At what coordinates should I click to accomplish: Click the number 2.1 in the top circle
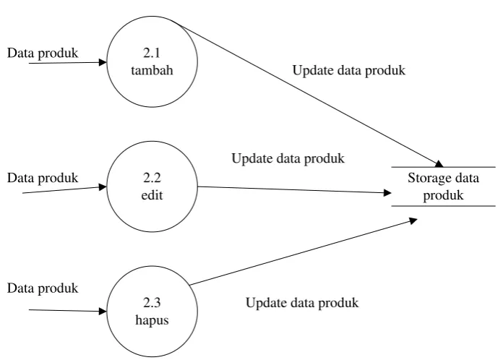[x=152, y=53]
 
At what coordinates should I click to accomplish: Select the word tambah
[x=152, y=70]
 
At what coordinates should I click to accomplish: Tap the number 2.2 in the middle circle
[x=152, y=178]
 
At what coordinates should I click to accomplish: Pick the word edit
[x=152, y=195]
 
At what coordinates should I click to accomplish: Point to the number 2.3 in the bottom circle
[x=152, y=302]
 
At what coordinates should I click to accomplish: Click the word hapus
[x=152, y=320]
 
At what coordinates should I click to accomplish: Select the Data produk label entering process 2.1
[x=43, y=53]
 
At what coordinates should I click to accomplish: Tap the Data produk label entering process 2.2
[x=43, y=179]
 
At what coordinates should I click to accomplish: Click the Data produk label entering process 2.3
[x=43, y=289]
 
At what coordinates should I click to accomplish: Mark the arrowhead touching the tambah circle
[x=103, y=62]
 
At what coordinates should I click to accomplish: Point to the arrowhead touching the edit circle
[x=103, y=187]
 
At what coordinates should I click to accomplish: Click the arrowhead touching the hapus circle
[x=103, y=312]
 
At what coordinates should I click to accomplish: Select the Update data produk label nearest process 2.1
[x=348, y=71]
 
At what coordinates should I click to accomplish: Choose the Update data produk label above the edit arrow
[x=288, y=159]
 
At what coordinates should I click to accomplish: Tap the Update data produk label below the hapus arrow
[x=302, y=303]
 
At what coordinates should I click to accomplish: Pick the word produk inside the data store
[x=443, y=195]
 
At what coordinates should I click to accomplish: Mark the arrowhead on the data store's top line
[x=439, y=164]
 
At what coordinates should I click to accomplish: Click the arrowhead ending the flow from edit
[x=387, y=192]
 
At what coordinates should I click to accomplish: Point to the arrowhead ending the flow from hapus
[x=413, y=220]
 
